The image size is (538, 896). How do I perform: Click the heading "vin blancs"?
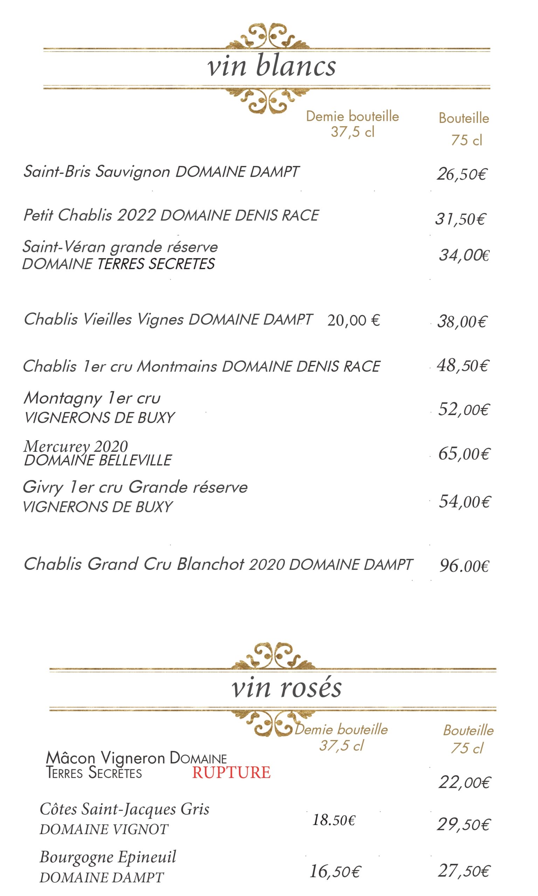click(271, 66)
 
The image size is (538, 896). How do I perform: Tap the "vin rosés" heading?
click(287, 687)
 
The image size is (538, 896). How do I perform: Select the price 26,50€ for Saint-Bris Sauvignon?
click(462, 174)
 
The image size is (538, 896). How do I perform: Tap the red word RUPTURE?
click(231, 772)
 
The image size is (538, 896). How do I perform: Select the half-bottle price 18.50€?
click(333, 820)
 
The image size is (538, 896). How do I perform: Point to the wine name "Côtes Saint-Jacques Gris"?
click(124, 809)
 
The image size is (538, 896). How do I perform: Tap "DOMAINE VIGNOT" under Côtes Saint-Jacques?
click(104, 829)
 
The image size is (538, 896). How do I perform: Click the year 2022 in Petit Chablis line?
click(136, 216)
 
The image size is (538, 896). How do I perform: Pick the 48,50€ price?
click(463, 366)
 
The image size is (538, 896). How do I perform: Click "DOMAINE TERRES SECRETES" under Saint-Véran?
click(118, 264)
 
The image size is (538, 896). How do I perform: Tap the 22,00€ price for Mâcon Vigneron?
click(464, 783)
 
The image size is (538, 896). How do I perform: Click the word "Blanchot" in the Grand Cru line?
click(210, 564)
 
